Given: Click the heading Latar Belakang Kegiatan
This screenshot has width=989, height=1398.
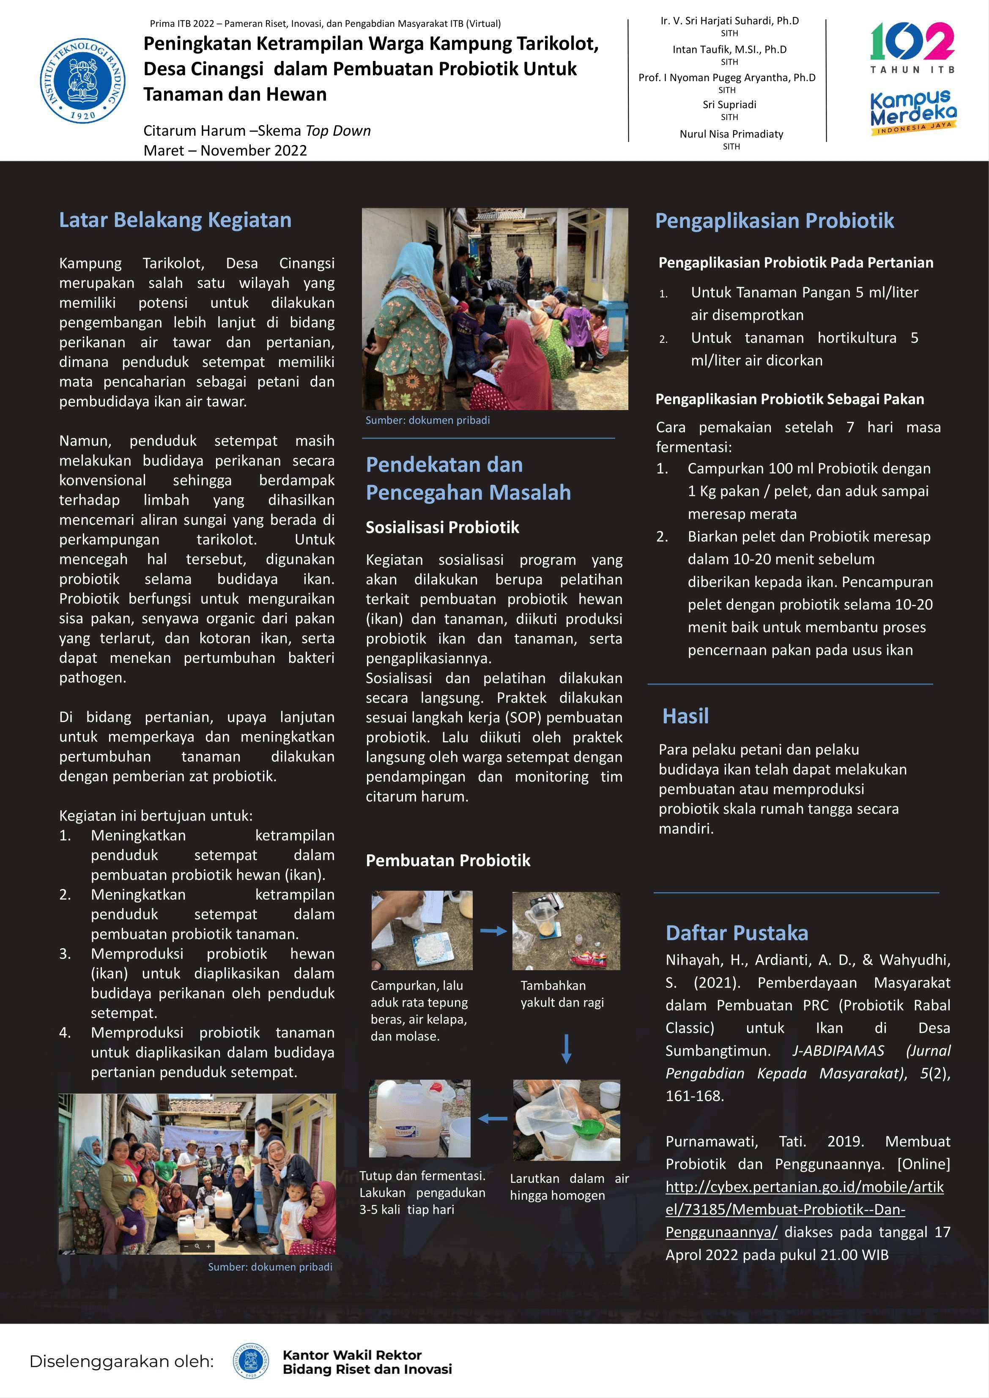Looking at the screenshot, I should tap(175, 220).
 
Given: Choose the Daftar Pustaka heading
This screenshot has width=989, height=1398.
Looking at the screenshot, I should tap(737, 933).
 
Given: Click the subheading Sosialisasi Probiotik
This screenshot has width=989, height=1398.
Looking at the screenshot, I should tap(442, 527).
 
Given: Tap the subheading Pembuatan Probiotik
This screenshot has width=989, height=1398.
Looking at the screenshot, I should tap(448, 860).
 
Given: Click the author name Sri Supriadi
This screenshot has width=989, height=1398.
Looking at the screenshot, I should tap(729, 105).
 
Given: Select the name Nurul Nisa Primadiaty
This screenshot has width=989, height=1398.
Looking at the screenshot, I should tap(731, 134).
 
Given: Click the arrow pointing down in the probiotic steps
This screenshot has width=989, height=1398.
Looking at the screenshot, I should tap(566, 1048).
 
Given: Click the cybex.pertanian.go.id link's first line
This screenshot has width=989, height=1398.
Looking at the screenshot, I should tap(805, 1187).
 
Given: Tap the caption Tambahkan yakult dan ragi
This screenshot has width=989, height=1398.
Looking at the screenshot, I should tap(562, 994).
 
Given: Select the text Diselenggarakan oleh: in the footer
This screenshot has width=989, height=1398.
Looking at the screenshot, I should tap(122, 1362).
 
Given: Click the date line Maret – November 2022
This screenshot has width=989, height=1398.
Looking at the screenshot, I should tap(225, 150).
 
